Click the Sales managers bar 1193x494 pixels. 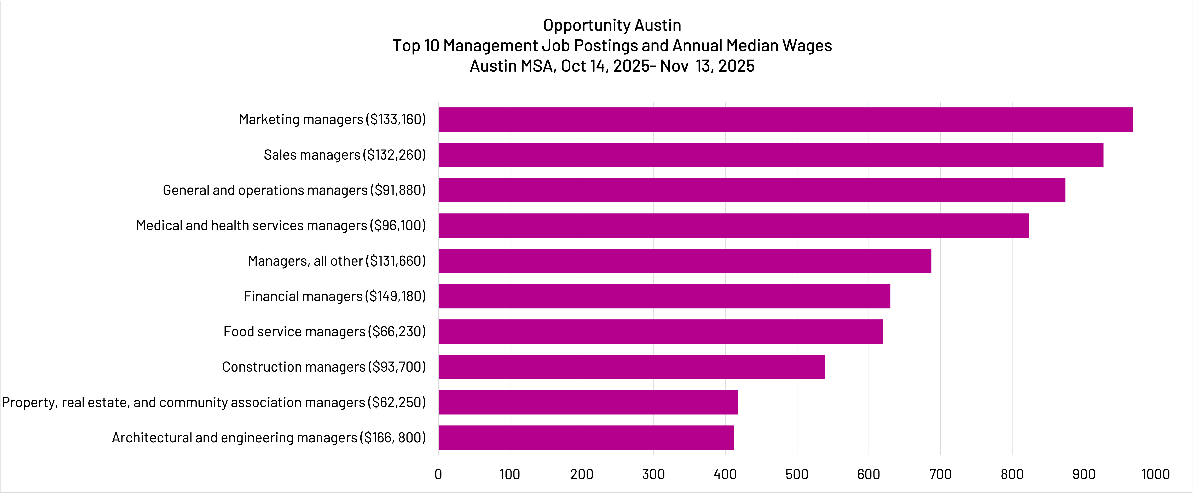tap(771, 154)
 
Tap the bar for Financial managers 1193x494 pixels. tap(664, 296)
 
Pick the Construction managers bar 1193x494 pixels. tap(632, 367)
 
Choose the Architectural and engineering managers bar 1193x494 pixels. tap(586, 438)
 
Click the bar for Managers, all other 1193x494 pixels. tap(685, 261)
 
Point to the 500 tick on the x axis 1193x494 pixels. tap(797, 474)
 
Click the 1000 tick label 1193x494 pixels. tap(1155, 474)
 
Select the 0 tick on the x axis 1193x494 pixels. tap(438, 474)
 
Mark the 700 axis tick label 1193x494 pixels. tap(940, 474)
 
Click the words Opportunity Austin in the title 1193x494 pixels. tap(612, 25)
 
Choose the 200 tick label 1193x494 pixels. tap(582, 474)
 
